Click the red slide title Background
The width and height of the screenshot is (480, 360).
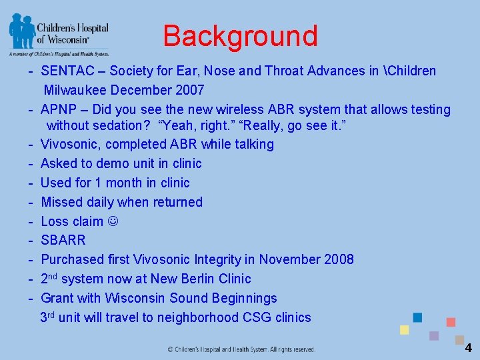pyautogui.click(x=240, y=36)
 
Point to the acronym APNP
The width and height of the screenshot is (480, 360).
pyautogui.click(x=59, y=109)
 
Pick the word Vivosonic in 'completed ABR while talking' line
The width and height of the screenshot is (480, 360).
pyautogui.click(x=68, y=145)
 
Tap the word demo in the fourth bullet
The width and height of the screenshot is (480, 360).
pyautogui.click(x=111, y=164)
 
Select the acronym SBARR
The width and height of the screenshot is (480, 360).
pyautogui.click(x=63, y=240)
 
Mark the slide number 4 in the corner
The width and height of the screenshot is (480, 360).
pyautogui.click(x=468, y=347)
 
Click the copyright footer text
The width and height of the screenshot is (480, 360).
pyautogui.click(x=241, y=349)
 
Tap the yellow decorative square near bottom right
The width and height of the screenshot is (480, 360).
pyautogui.click(x=404, y=330)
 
